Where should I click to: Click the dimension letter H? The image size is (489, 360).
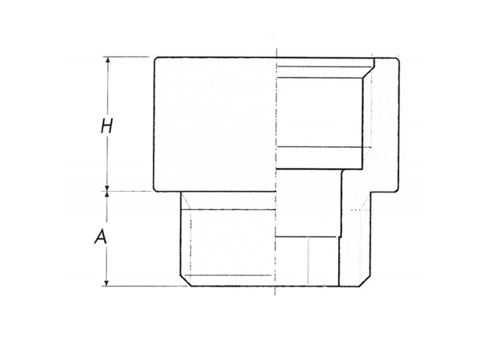click(x=107, y=126)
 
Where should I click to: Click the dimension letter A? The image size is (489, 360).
click(x=101, y=238)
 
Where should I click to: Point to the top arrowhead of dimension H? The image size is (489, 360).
click(x=108, y=60)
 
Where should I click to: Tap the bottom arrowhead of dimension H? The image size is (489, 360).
click(x=108, y=188)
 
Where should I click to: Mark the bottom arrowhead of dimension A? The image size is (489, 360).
click(x=108, y=282)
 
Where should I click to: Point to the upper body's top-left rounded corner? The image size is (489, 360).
click(x=155, y=59)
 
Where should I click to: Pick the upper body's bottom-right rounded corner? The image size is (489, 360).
click(x=397, y=189)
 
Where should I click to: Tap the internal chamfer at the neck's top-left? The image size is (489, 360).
click(x=186, y=202)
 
